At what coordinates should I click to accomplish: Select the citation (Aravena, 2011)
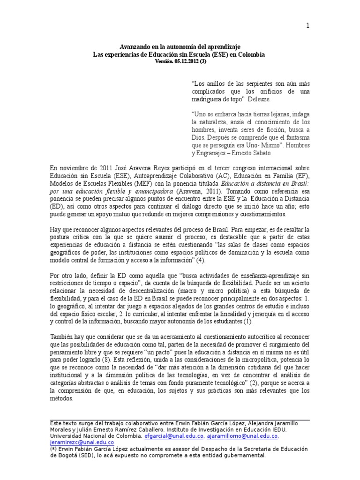point(200,191)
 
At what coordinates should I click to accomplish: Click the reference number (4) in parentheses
point(200,260)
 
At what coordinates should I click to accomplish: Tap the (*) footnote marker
point(53,449)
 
